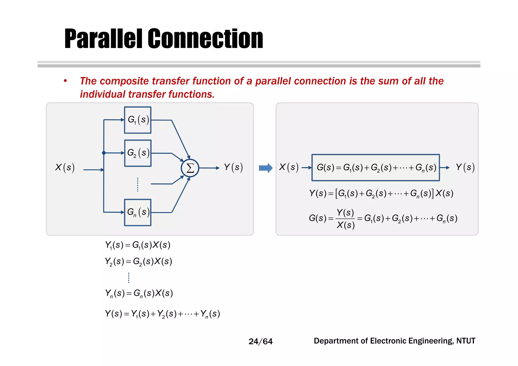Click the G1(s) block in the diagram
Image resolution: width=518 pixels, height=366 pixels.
coord(138,120)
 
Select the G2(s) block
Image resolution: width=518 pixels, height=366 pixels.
coord(138,153)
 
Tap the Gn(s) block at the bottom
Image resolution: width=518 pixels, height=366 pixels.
coord(138,212)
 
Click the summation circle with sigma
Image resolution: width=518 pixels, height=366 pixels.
coord(190,168)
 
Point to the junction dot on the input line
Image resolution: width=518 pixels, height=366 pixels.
coord(104,153)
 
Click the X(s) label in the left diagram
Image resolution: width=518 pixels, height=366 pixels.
coord(65,167)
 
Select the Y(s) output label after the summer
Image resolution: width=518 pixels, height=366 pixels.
coord(233,167)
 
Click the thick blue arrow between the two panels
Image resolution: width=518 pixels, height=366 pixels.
coord(266,168)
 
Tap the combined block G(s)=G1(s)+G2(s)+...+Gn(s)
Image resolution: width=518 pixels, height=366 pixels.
coord(376,167)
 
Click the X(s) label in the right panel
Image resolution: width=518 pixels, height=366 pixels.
coord(289,167)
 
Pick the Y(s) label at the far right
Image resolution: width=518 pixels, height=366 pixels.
coord(465,167)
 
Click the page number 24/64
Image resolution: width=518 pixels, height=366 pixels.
coord(261,341)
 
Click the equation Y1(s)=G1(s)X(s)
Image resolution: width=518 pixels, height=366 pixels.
coord(138,245)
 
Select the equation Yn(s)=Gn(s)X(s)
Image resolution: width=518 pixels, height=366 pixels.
coord(139,293)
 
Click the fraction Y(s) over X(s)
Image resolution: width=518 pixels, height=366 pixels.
coord(346,219)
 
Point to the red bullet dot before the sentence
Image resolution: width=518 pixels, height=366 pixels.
coord(65,81)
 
